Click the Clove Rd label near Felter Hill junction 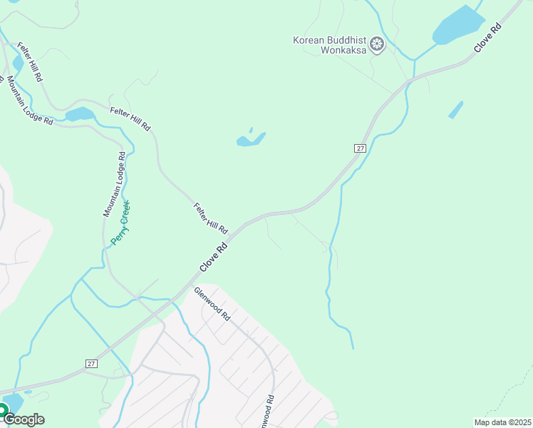coord(213,256)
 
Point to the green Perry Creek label coord(120,223)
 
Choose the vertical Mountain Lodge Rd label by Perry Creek coord(114,184)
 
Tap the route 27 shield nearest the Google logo coord(90,364)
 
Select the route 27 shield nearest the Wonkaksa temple coord(360,148)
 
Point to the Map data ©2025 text coord(502,422)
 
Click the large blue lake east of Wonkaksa coord(458,26)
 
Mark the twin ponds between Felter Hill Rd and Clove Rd coord(251,138)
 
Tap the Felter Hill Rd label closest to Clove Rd coord(210,218)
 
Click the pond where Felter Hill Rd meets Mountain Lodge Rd coord(80,114)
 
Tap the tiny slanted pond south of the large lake coord(456,110)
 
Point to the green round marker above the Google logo coord(2,410)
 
